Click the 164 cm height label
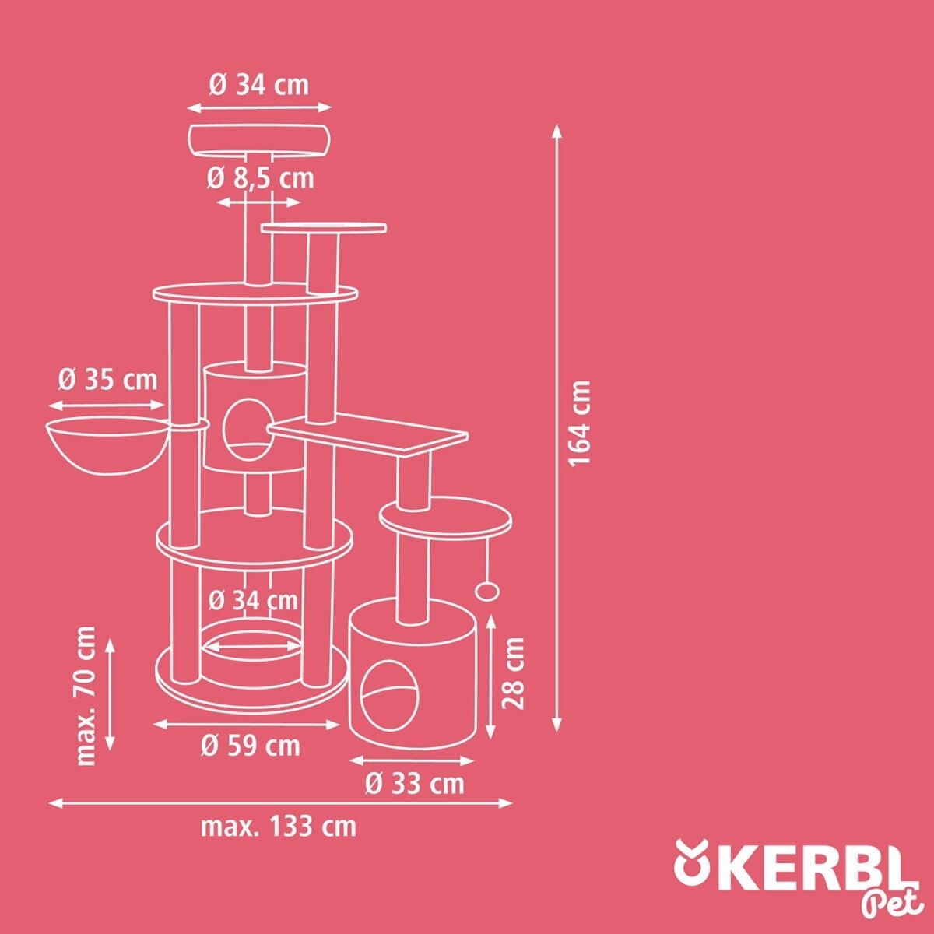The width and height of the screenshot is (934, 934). click(x=580, y=423)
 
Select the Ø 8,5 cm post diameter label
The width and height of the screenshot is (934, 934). click(x=260, y=178)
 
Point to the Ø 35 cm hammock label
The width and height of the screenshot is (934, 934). click(x=107, y=380)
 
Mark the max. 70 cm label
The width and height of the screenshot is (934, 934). click(x=86, y=697)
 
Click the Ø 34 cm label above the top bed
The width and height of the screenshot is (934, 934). click(x=259, y=86)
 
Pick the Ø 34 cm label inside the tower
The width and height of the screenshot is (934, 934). click(x=253, y=601)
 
